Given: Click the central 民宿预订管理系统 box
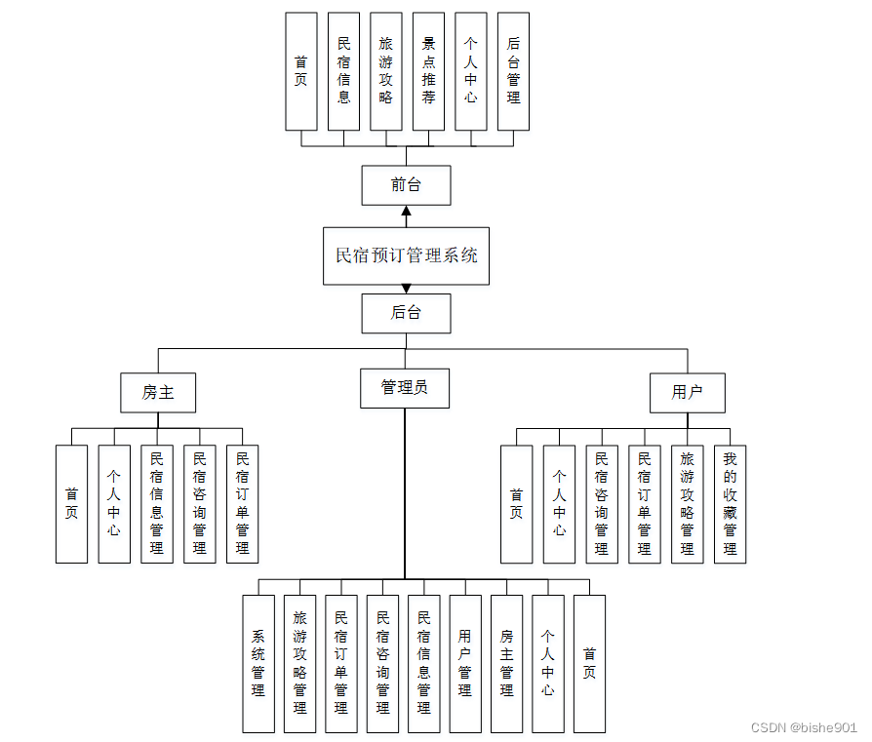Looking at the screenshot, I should [x=406, y=256].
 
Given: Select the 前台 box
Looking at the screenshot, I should [x=406, y=185].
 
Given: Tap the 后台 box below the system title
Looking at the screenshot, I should [x=406, y=314].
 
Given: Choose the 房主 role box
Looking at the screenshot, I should [x=158, y=393].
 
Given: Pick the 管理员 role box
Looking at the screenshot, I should [x=405, y=388].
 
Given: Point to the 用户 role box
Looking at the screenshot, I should [x=688, y=393].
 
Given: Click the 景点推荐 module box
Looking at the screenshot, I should [x=428, y=71].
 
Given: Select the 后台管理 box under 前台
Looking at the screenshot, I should [x=513, y=71].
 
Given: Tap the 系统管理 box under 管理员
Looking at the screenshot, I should [x=258, y=663].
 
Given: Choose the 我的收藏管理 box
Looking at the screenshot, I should [x=730, y=504].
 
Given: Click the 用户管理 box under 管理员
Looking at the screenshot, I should [x=465, y=663].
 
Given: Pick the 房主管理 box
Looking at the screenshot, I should [x=506, y=663].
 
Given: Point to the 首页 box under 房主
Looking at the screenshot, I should [x=71, y=504].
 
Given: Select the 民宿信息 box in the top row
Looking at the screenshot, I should [x=343, y=71].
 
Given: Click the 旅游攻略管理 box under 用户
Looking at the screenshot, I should [x=687, y=504].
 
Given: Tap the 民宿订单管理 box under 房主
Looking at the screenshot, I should [x=242, y=504].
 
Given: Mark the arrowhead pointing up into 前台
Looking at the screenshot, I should [x=406, y=212].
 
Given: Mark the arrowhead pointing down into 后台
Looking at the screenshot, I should [x=406, y=290].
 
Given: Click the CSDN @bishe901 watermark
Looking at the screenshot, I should [x=804, y=727].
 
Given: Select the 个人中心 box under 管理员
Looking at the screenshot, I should [x=548, y=663].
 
